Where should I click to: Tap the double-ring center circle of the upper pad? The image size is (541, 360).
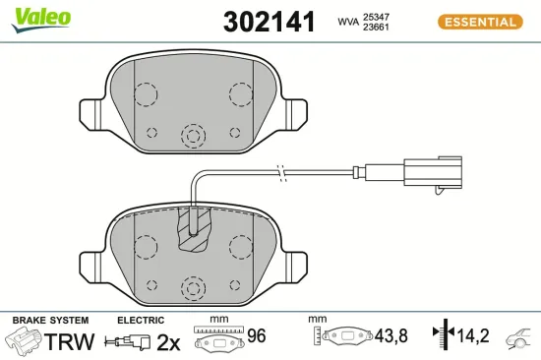193,135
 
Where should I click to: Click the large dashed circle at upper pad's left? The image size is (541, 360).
145,94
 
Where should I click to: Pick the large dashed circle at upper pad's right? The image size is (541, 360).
241,94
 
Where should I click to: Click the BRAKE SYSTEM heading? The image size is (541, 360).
50,320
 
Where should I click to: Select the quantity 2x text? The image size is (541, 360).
169,341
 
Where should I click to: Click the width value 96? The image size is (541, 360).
258,336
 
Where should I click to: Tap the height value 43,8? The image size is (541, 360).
397,336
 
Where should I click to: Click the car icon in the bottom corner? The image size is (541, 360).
520,339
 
